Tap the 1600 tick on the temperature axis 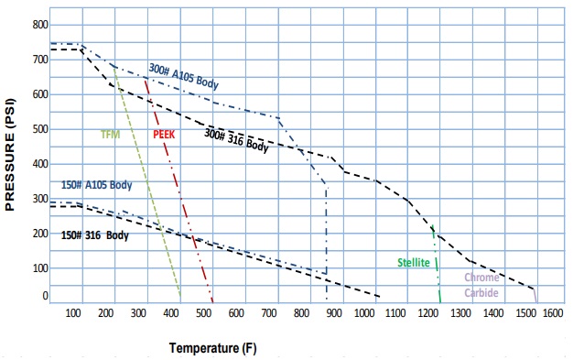point(557,313)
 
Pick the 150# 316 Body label point(95,235)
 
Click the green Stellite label point(414,263)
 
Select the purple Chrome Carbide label point(481,283)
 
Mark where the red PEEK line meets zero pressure point(212,301)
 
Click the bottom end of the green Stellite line point(440,301)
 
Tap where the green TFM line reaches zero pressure point(180,301)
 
